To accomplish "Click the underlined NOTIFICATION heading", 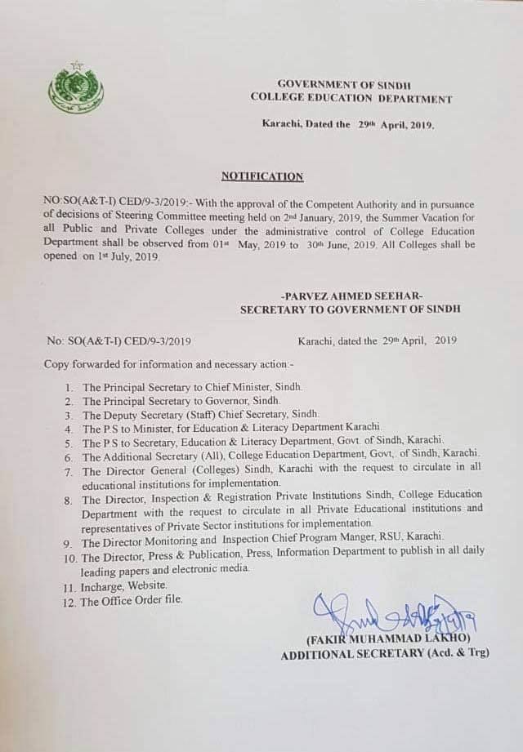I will coord(262,176).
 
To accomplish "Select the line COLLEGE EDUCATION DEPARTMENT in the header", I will coord(351,99).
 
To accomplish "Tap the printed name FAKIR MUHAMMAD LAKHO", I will coord(387,638).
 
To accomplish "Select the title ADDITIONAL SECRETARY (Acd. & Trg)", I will coord(385,653).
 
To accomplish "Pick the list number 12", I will coord(69,601).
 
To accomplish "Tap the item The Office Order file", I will coord(132,601).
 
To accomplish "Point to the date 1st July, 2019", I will coord(121,257).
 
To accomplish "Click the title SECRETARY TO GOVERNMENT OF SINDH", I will coord(350,309).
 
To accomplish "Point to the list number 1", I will coord(69,385).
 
